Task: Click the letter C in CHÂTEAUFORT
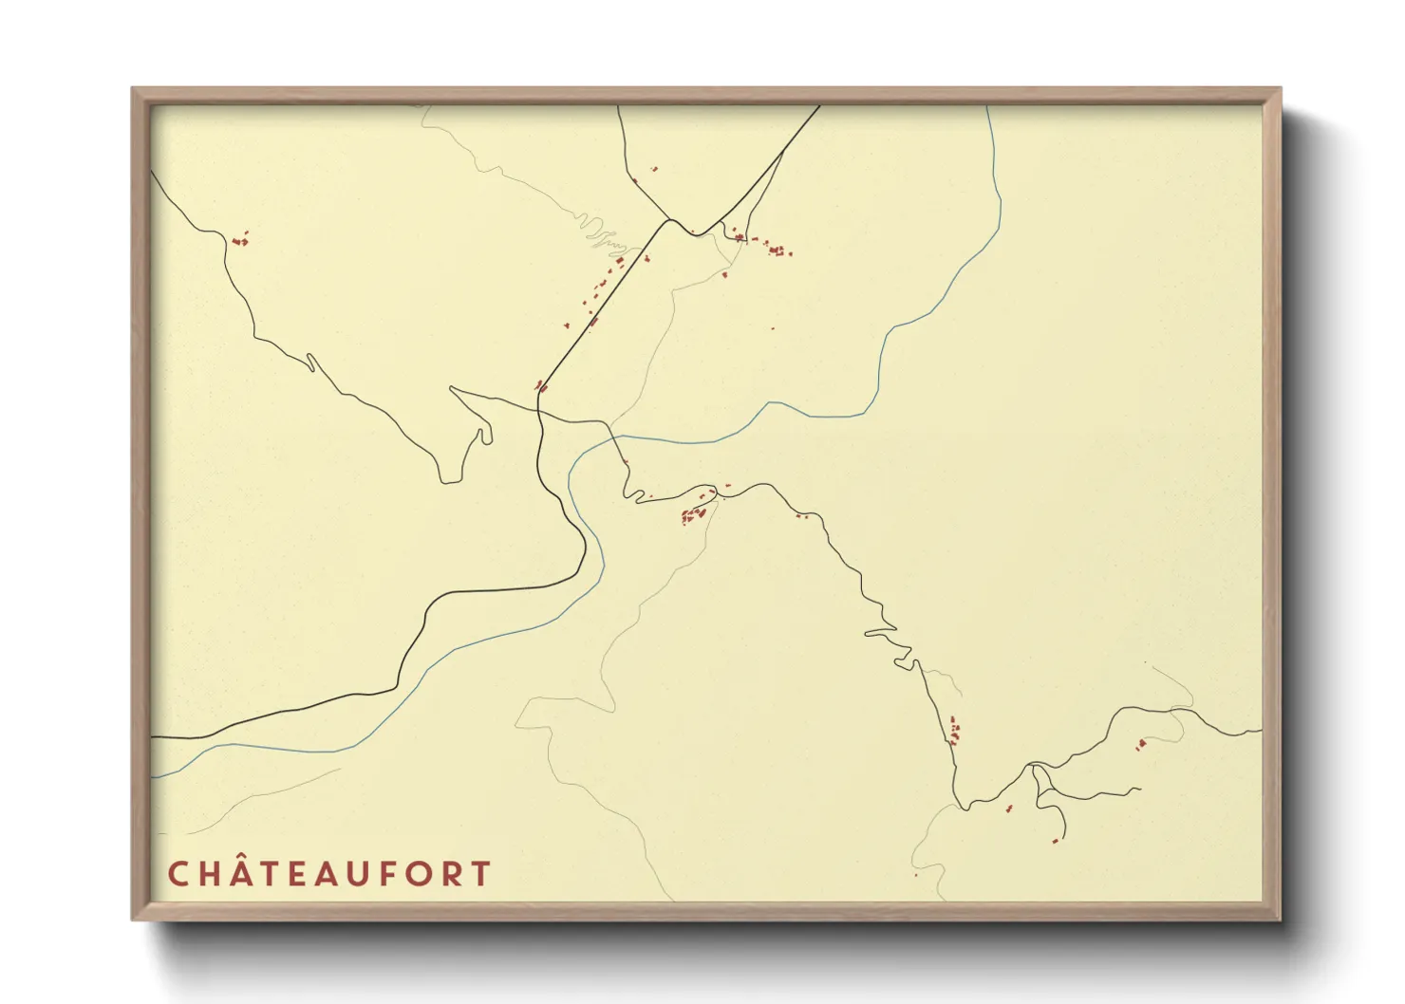coord(178,874)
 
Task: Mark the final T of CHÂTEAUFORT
coord(481,874)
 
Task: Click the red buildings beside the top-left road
coord(239,239)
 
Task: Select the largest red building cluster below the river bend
coord(694,515)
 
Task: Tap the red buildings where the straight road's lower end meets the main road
coord(541,386)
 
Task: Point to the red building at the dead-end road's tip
coord(1055,841)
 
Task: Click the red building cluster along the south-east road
coord(954,732)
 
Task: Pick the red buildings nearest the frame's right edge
coord(1141,744)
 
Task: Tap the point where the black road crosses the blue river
coord(613,438)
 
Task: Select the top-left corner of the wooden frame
coord(134,89)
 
